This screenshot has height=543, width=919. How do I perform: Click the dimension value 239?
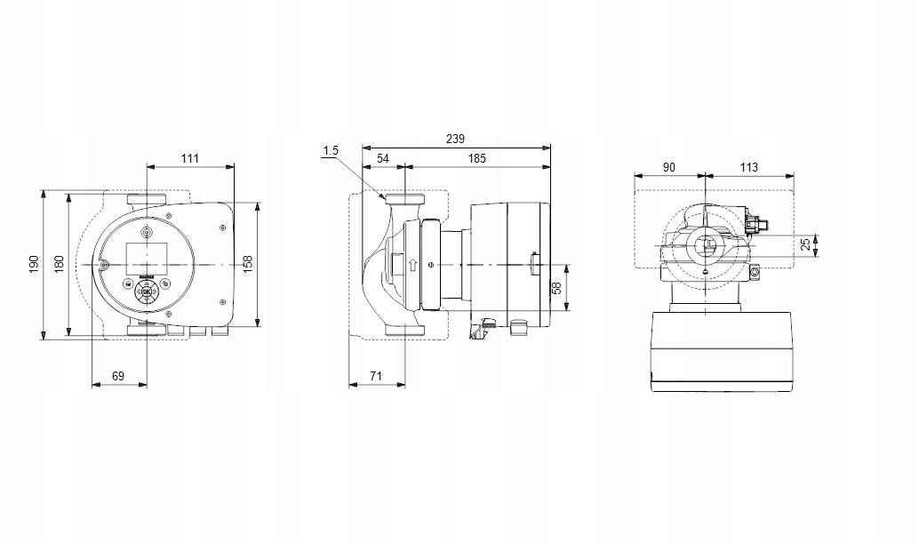tap(454, 139)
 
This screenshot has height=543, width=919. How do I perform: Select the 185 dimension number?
tap(476, 158)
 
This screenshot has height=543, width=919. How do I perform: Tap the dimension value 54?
tap(383, 158)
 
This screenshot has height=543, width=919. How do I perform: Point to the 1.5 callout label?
tap(331, 151)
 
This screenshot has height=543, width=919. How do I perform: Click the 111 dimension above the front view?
tap(190, 158)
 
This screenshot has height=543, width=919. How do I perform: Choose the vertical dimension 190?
tap(34, 263)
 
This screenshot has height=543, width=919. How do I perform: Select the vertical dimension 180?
tap(60, 263)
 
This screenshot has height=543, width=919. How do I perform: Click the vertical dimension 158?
tap(248, 263)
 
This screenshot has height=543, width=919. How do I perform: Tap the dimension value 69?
tap(118, 377)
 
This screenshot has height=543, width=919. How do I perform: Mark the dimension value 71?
tap(376, 377)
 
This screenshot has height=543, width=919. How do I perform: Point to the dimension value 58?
tap(556, 288)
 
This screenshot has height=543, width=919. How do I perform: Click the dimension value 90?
tap(669, 167)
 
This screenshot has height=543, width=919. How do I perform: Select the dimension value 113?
tap(748, 167)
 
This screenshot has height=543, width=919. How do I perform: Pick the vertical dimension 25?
tap(806, 244)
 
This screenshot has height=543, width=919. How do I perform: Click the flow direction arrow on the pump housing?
tap(411, 265)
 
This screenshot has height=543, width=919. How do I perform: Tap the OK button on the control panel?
tap(147, 291)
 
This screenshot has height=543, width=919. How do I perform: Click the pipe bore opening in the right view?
tap(704, 247)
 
